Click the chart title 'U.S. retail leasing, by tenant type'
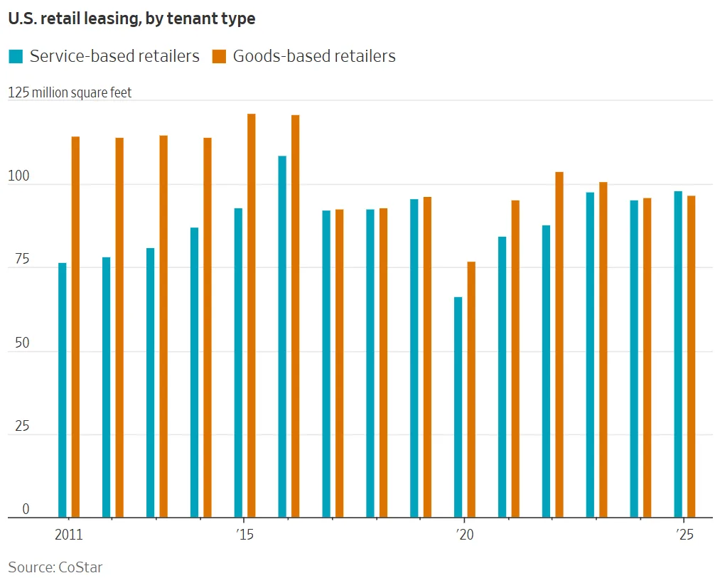pyautogui.click(x=131, y=19)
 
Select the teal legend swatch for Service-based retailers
pyautogui.click(x=15, y=56)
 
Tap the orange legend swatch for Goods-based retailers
pyautogui.click(x=219, y=56)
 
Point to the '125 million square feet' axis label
pyautogui.click(x=70, y=93)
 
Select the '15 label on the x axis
pyautogui.click(x=244, y=535)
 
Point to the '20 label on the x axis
pyautogui.click(x=464, y=535)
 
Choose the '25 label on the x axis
pyautogui.click(x=684, y=535)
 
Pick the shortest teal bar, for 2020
pyautogui.click(x=458, y=407)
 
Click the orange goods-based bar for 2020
pyautogui.click(x=471, y=389)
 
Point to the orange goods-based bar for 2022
pyautogui.click(x=559, y=344)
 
